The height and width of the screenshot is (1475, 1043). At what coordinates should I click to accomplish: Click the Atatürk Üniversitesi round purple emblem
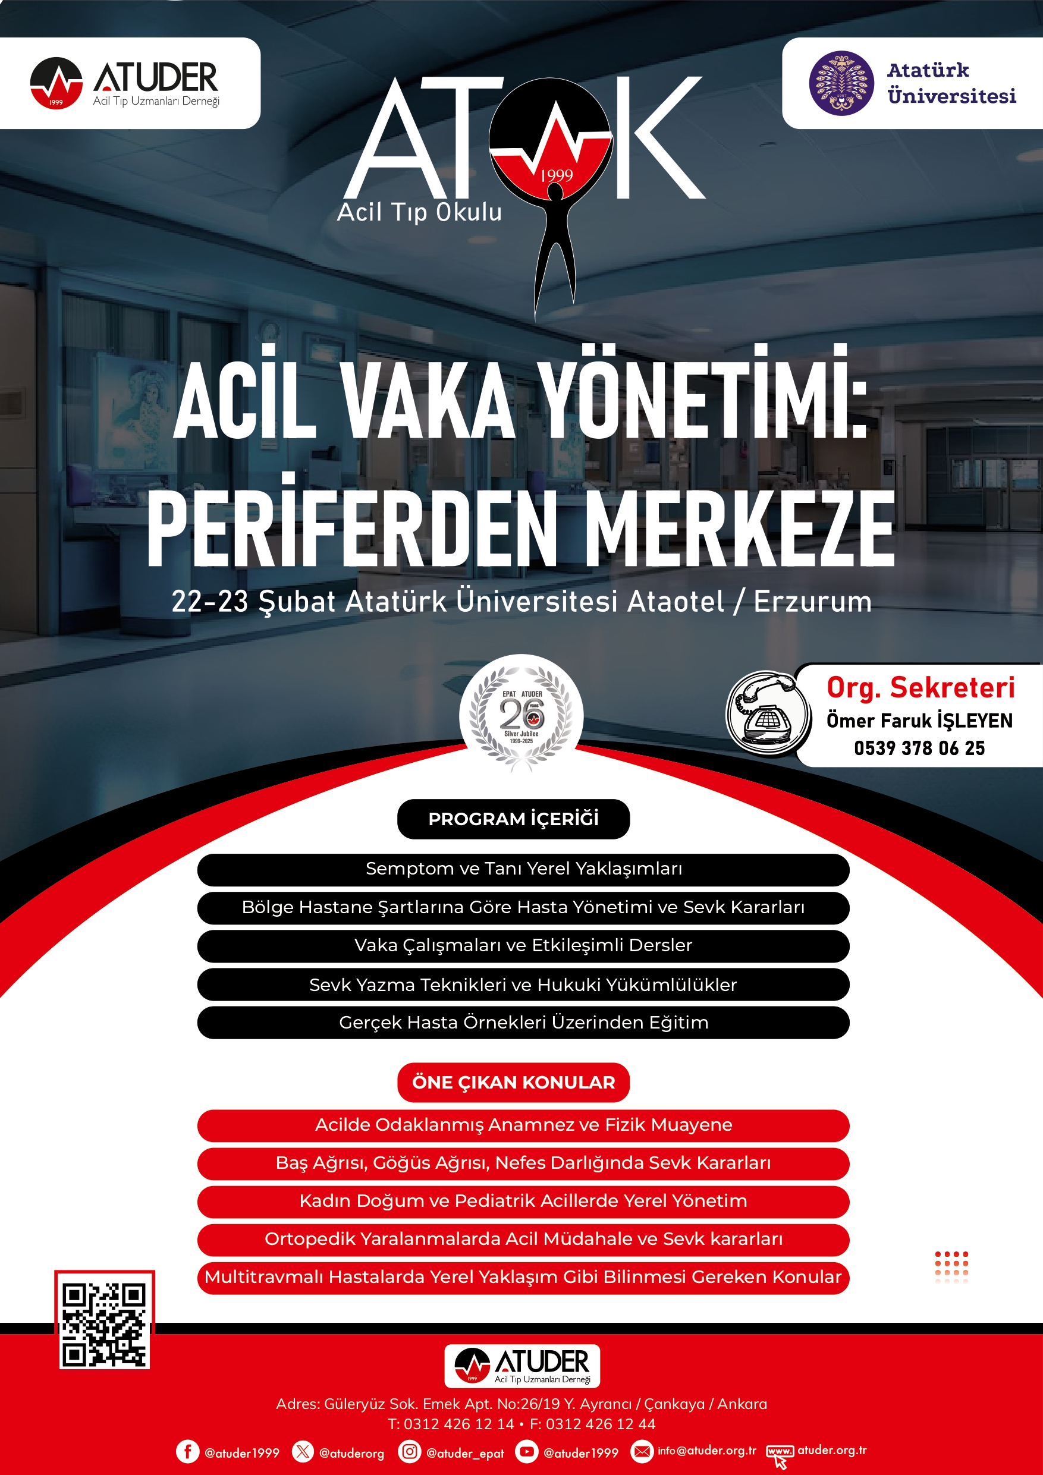[841, 83]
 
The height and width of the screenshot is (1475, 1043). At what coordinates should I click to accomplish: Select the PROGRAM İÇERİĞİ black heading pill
[513, 819]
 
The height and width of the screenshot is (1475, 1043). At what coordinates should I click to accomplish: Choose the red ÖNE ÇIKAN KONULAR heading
[513, 1083]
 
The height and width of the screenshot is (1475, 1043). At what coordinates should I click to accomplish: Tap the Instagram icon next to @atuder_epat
[409, 1451]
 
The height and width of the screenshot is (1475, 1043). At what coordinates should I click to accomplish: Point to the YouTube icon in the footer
[526, 1451]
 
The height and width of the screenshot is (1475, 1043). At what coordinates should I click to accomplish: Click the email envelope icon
[642, 1451]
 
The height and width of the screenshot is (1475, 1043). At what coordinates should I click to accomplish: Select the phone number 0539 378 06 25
[919, 748]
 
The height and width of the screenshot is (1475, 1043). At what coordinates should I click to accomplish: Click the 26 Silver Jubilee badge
[521, 715]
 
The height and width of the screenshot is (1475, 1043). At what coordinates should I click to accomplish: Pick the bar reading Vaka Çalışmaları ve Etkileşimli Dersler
[523, 946]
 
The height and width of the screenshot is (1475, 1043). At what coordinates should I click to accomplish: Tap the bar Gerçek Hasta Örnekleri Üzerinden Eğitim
[523, 1022]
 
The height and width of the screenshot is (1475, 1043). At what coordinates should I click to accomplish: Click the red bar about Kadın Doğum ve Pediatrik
[523, 1201]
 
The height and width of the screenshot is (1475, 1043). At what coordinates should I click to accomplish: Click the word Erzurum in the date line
[812, 602]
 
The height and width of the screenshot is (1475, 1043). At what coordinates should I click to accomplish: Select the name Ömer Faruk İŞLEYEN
[919, 721]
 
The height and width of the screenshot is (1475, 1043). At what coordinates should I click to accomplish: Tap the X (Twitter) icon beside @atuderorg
[303, 1451]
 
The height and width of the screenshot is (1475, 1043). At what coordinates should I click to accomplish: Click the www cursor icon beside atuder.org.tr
[780, 1454]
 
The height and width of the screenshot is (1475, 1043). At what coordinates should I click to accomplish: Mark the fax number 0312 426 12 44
[600, 1424]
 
